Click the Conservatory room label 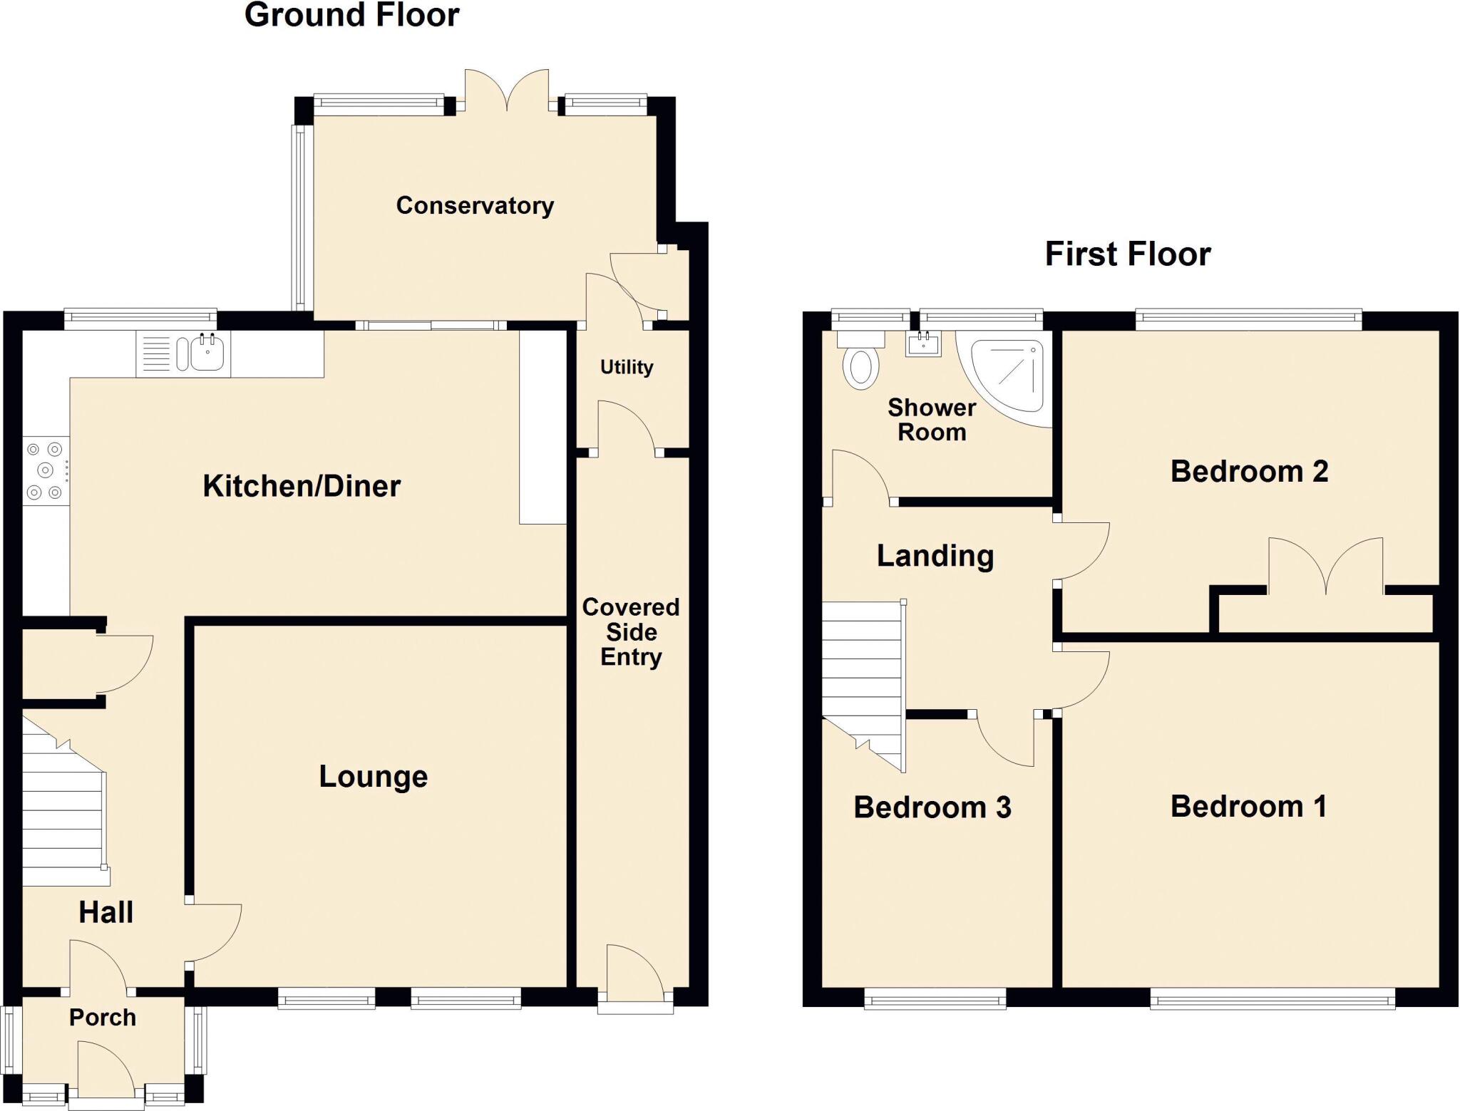point(475,205)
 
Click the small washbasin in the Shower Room point(923,345)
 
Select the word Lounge point(373,776)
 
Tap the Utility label point(626,367)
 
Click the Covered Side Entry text point(631,631)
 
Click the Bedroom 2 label point(1249,471)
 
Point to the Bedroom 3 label point(932,807)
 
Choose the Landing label point(935,555)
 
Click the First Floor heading point(1127,254)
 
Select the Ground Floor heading point(351,15)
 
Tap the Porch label point(103,1017)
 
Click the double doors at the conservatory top point(507,91)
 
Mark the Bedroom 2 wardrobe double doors point(1326,567)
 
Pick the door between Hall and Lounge point(214,934)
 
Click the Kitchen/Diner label point(302,486)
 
